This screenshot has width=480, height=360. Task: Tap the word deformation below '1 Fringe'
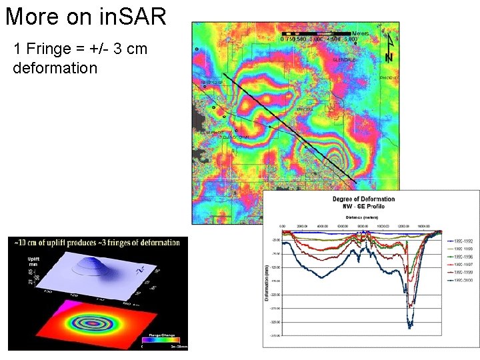(55, 68)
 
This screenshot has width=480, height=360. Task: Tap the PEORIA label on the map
(305, 109)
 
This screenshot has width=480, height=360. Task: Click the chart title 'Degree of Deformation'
(363, 199)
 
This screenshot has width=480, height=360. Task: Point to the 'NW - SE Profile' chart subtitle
(363, 206)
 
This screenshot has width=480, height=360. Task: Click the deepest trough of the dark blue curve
(410, 326)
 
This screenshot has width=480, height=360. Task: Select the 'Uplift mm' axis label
(34, 261)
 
